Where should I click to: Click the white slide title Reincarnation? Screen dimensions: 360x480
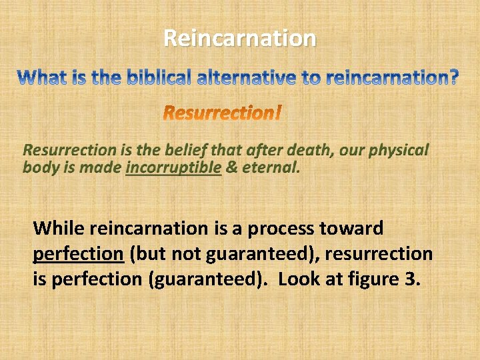239,38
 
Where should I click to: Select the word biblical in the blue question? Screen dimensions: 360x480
157,79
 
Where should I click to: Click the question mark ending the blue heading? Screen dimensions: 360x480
453,79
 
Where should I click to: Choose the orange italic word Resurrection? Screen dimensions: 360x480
223,113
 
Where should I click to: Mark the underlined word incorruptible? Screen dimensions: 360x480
173,167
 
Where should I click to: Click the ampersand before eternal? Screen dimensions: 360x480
231,167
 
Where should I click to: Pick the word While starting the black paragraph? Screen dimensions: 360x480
59,229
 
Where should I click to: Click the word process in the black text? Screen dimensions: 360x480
286,229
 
